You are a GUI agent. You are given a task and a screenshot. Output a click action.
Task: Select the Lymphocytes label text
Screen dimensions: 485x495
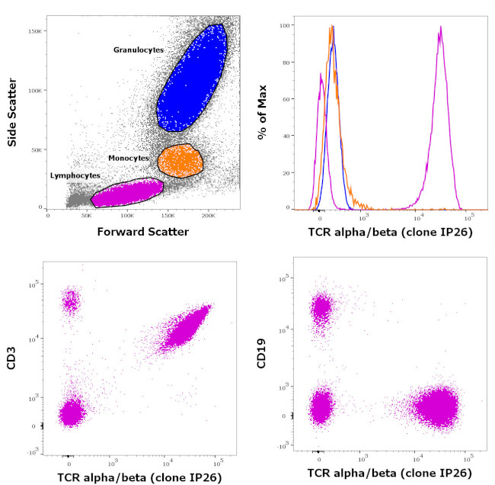[x=75, y=175]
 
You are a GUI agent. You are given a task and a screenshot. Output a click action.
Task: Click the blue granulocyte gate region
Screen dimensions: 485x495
[x=191, y=80]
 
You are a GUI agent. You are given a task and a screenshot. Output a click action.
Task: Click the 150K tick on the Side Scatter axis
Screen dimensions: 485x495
[x=34, y=31]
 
